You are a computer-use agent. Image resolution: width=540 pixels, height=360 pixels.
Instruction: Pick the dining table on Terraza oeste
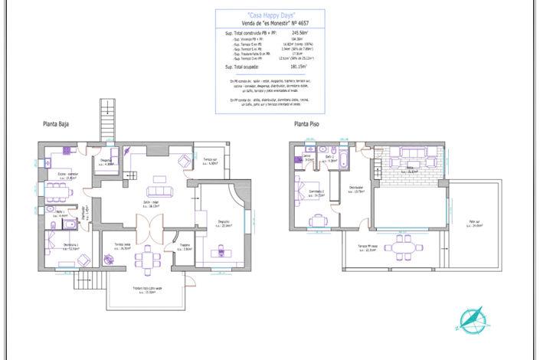tap(146, 259)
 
